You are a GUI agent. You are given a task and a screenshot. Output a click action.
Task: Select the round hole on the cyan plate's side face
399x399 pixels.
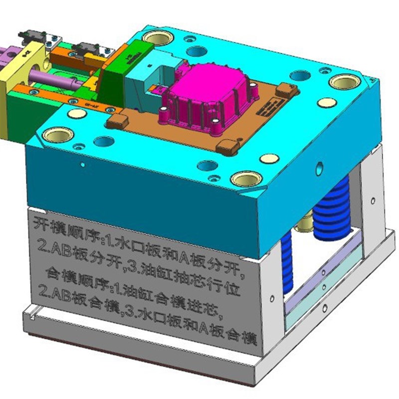click(320, 166)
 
